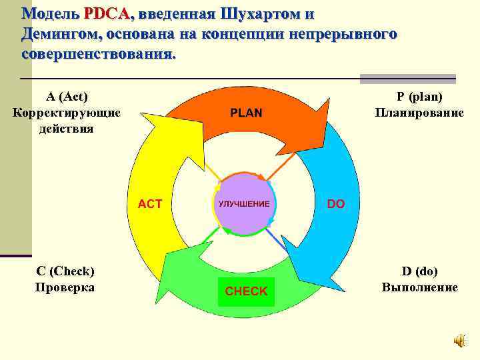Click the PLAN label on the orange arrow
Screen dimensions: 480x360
tap(246, 113)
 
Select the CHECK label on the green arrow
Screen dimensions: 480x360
tap(246, 291)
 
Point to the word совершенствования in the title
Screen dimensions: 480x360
tap(99, 53)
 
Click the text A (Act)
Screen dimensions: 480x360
tap(66, 97)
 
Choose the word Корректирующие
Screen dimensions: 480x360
tap(67, 112)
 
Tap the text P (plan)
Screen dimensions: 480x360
tap(419, 97)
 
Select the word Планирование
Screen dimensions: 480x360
tap(419, 112)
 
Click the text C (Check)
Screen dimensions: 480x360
tap(65, 271)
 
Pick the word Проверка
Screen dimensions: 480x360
tap(65, 287)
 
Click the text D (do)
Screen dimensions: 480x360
tap(419, 271)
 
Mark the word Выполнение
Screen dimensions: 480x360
tap(419, 287)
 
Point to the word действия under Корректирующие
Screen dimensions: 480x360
tap(67, 127)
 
